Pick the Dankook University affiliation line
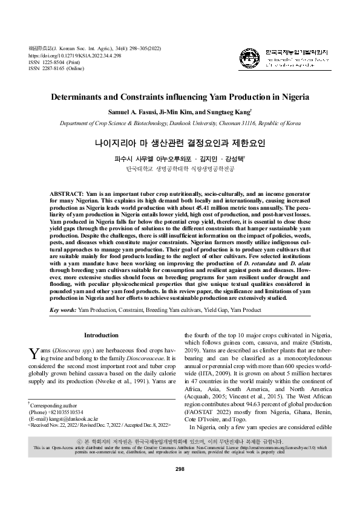pos(180,123)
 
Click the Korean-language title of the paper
pos(180,144)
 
